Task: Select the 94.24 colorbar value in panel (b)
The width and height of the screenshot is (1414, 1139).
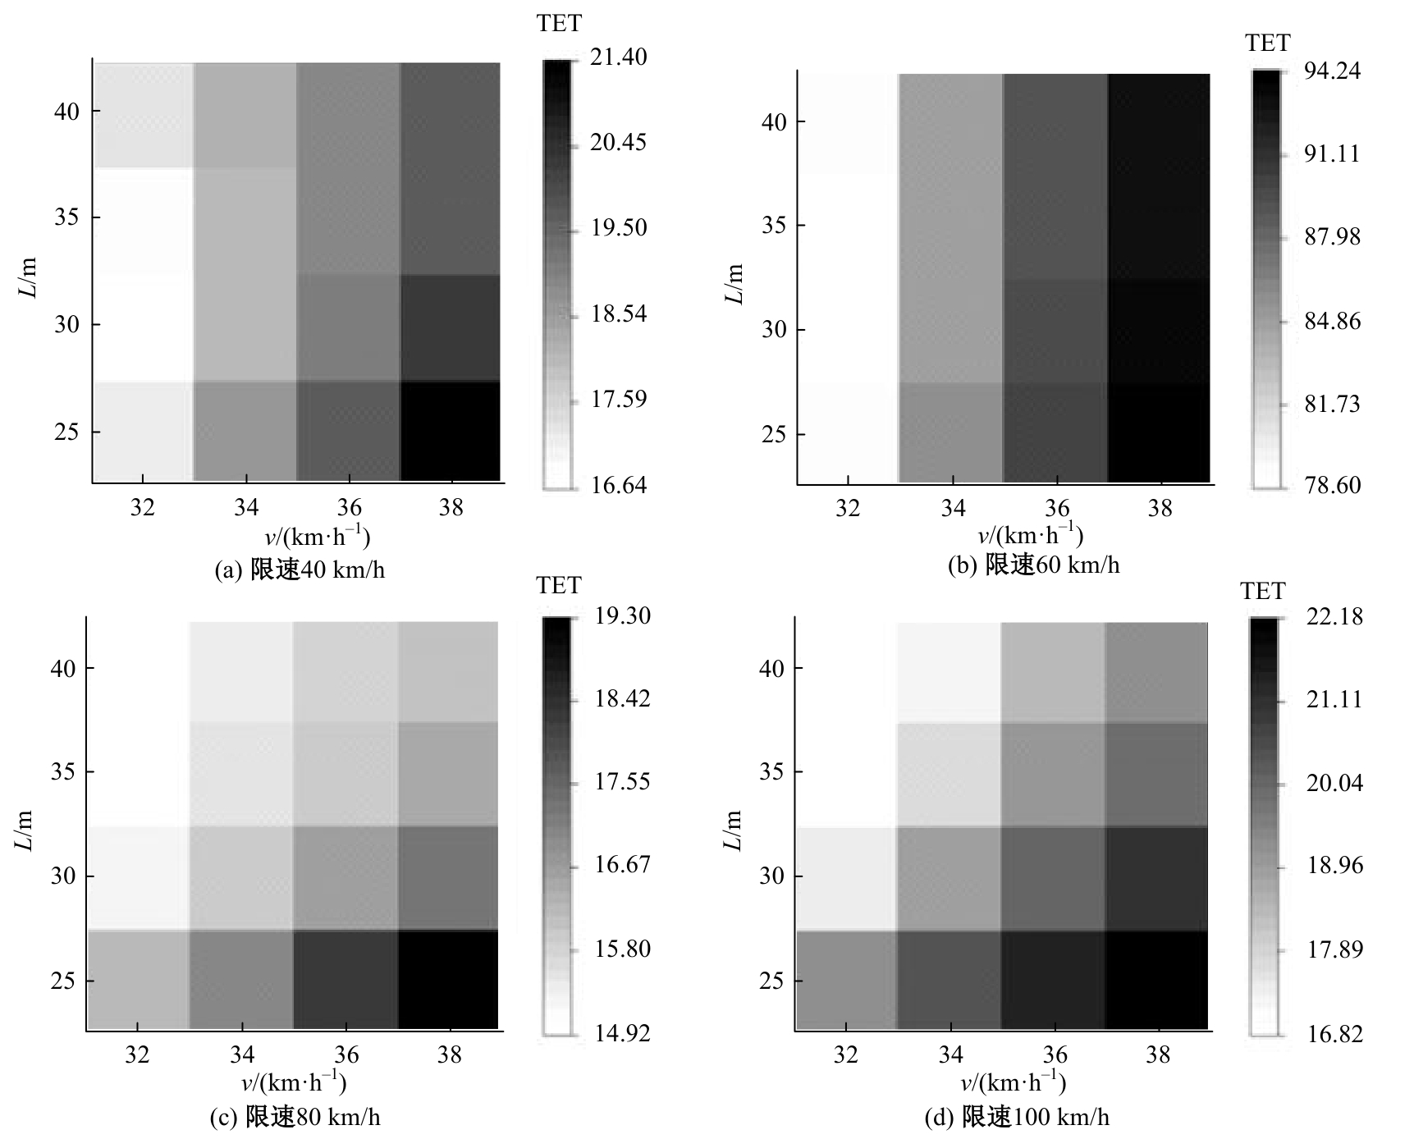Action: tap(1332, 71)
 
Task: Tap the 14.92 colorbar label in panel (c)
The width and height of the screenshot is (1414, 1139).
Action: tap(622, 1032)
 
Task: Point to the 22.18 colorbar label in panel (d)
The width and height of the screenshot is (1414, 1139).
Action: tap(1334, 616)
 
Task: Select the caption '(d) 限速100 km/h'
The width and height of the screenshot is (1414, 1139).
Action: tap(1017, 1117)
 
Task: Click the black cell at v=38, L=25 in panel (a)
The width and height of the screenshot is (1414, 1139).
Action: tap(450, 431)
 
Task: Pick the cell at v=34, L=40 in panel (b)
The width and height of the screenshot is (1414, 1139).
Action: tap(950, 123)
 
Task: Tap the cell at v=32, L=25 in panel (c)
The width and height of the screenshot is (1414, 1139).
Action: tap(138, 979)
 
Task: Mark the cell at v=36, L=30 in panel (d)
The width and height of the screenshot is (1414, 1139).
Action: tap(1054, 877)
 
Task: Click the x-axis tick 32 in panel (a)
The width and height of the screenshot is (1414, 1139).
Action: tap(143, 509)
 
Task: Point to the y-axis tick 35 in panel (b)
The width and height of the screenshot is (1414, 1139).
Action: tap(774, 226)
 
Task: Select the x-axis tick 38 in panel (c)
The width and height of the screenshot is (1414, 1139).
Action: tap(449, 1055)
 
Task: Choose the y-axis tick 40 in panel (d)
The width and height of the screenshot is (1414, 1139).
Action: tap(772, 668)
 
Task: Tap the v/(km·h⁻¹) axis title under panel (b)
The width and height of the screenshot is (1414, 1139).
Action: tap(1030, 536)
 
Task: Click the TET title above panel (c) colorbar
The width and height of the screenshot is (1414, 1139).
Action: tap(559, 586)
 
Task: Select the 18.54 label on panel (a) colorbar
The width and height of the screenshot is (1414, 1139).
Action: tap(619, 313)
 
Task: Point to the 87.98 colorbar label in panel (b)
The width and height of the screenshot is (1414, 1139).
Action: tap(1332, 237)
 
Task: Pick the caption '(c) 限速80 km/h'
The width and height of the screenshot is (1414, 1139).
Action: tap(295, 1117)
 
